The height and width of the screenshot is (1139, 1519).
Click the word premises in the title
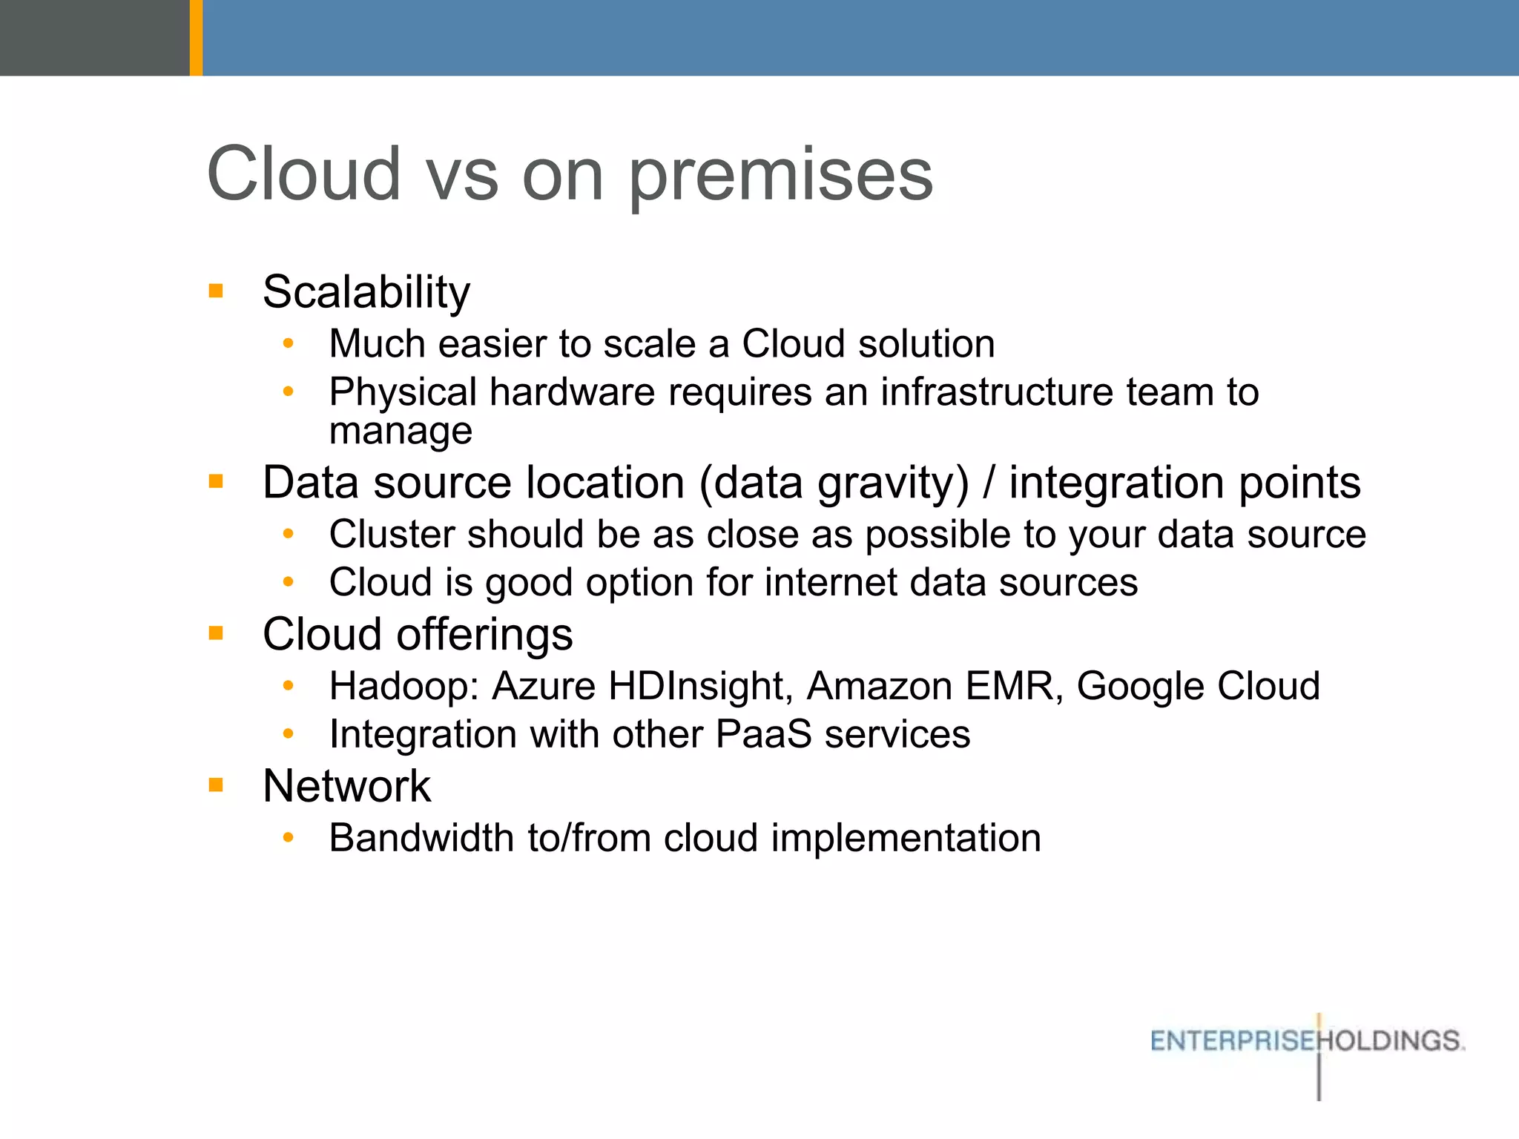coord(780,176)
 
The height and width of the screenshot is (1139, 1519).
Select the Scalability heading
coord(366,291)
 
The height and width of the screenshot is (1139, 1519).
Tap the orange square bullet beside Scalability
coord(216,290)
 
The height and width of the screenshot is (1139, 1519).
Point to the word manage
coord(401,431)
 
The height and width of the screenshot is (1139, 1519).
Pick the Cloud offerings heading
coord(418,635)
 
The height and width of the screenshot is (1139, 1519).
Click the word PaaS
coord(763,734)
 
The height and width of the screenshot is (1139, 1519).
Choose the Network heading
coord(346,786)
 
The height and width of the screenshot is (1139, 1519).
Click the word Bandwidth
coord(421,838)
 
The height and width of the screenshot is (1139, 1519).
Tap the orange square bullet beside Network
coord(216,785)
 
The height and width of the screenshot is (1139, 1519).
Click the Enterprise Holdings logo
coord(1307,1041)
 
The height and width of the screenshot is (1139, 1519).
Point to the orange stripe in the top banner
coord(196,37)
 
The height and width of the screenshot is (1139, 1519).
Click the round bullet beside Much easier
coord(289,344)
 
